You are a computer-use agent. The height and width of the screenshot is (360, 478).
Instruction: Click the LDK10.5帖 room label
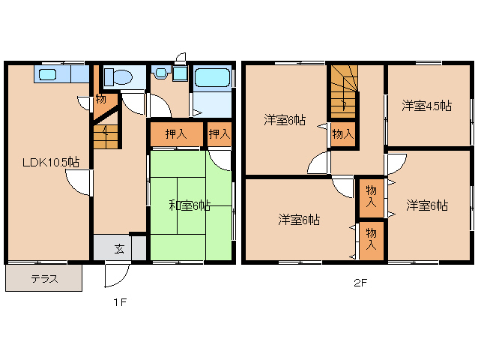[46, 162]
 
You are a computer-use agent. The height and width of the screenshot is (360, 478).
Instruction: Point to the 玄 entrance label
[118, 226]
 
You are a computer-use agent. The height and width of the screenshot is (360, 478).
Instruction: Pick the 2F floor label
[361, 283]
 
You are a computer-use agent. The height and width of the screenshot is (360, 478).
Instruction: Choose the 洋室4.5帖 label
[426, 106]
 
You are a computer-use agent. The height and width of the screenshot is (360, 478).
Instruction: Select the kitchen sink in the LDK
[49, 74]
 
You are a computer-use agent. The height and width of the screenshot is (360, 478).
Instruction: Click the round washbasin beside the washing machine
[159, 73]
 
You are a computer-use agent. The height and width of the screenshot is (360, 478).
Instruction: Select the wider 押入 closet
[175, 134]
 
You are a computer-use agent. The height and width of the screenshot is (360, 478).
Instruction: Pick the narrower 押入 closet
[219, 134]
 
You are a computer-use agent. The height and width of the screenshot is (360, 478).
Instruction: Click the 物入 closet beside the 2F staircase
[342, 135]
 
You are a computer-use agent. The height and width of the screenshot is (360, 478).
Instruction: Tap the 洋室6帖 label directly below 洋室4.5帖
[427, 184]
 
